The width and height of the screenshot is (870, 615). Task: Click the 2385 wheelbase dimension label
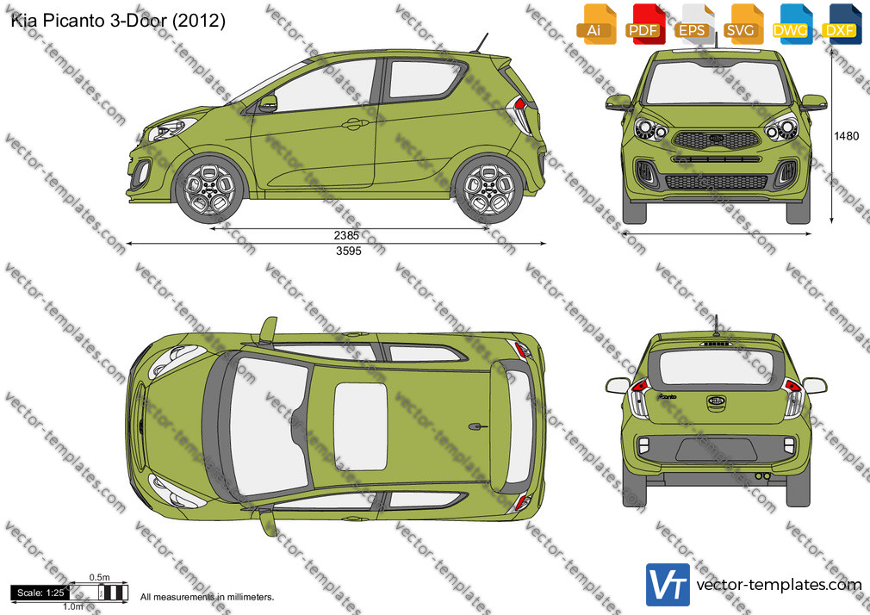[x=347, y=235]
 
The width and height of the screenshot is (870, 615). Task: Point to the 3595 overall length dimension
[x=349, y=251]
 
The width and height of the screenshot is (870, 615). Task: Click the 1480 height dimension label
[x=846, y=136]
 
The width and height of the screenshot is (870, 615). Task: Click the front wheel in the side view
[x=209, y=188]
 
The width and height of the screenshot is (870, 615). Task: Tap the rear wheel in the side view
[x=488, y=188]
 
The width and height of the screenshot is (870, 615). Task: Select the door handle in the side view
[x=355, y=124]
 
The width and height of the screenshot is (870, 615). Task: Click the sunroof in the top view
[x=361, y=426]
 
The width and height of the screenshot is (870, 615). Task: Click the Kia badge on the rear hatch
[x=717, y=401]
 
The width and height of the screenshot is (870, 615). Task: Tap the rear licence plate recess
[x=717, y=450]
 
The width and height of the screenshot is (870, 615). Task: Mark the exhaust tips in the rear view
[x=763, y=476]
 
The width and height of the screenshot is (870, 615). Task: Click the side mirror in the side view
[x=267, y=103]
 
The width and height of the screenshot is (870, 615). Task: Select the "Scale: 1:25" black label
[x=40, y=593]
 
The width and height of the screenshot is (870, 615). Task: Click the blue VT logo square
[x=668, y=585]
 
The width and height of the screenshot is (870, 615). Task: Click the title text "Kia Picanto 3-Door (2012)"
[x=118, y=21]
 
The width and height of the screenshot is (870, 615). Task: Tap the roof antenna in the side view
[x=481, y=43]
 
